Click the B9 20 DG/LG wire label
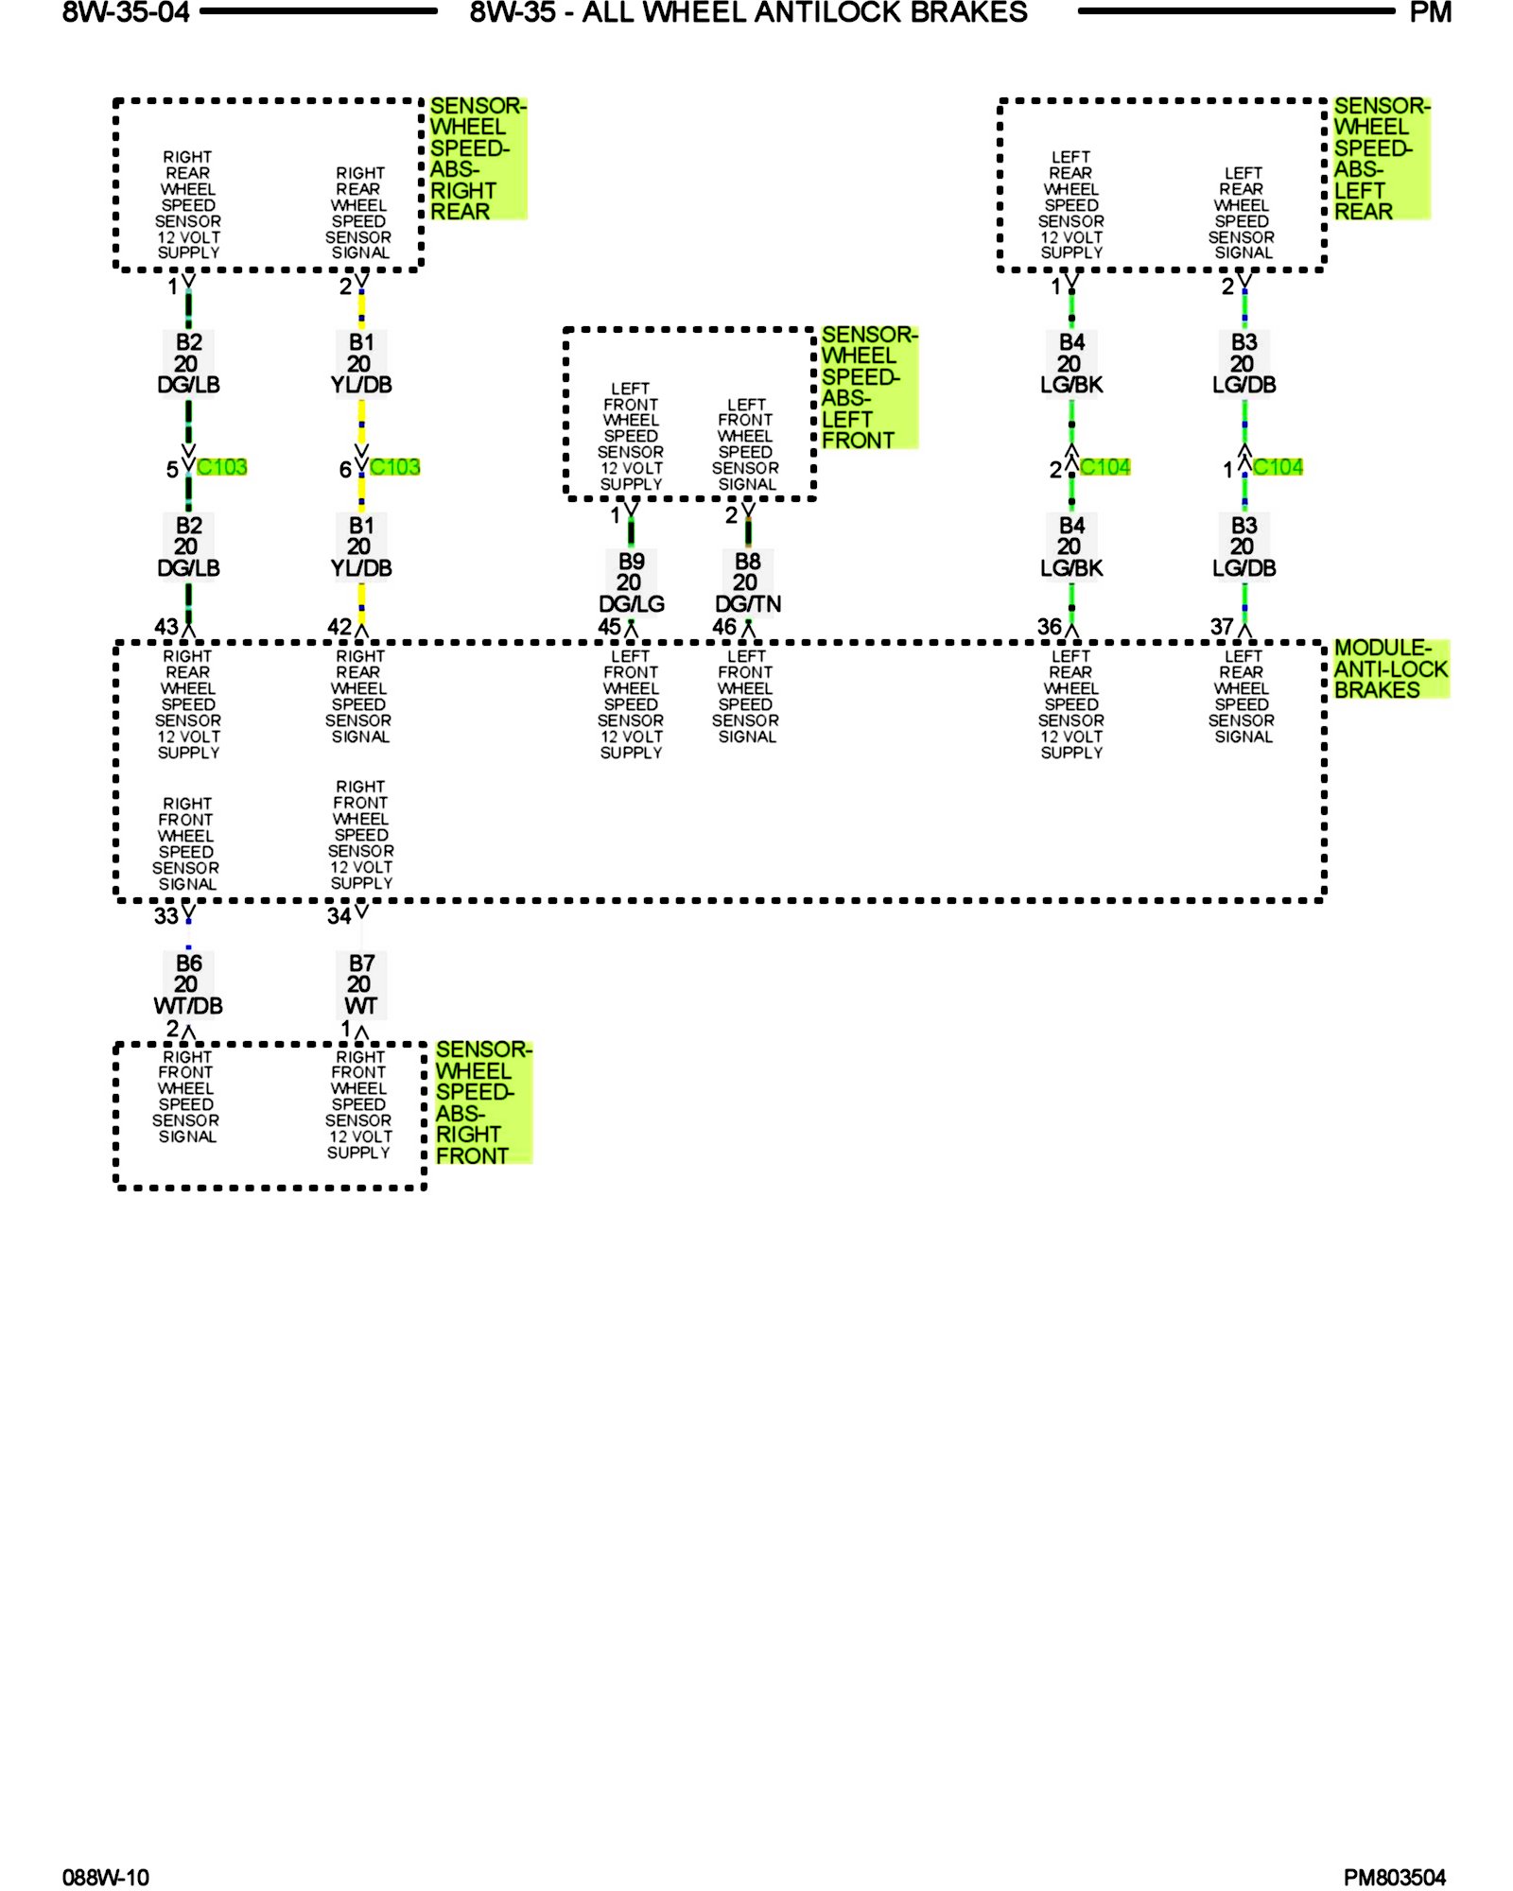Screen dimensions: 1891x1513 (631, 582)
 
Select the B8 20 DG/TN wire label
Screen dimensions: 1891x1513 (747, 582)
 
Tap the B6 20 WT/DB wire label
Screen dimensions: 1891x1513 (188, 984)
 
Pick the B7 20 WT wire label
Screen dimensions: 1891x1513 (361, 984)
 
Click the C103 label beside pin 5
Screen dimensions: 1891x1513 (222, 467)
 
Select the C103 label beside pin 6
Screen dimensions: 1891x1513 (395, 467)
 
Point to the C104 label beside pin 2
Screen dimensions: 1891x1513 (1104, 467)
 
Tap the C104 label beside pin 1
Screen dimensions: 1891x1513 (1278, 467)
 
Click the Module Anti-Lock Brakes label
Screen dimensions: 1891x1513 (1390, 668)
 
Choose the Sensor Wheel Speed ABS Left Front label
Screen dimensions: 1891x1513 (867, 388)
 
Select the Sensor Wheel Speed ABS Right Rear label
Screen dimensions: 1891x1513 (476, 159)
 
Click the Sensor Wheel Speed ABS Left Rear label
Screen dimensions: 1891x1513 (1380, 159)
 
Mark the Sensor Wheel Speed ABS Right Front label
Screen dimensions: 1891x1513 (482, 1102)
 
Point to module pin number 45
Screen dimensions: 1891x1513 (609, 627)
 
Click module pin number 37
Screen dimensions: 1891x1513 (1221, 627)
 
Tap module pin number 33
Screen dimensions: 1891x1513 (165, 916)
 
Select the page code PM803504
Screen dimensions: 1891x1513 (1394, 1878)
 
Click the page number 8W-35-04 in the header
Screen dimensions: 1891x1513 (126, 13)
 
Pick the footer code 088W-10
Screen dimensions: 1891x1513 (106, 1878)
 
